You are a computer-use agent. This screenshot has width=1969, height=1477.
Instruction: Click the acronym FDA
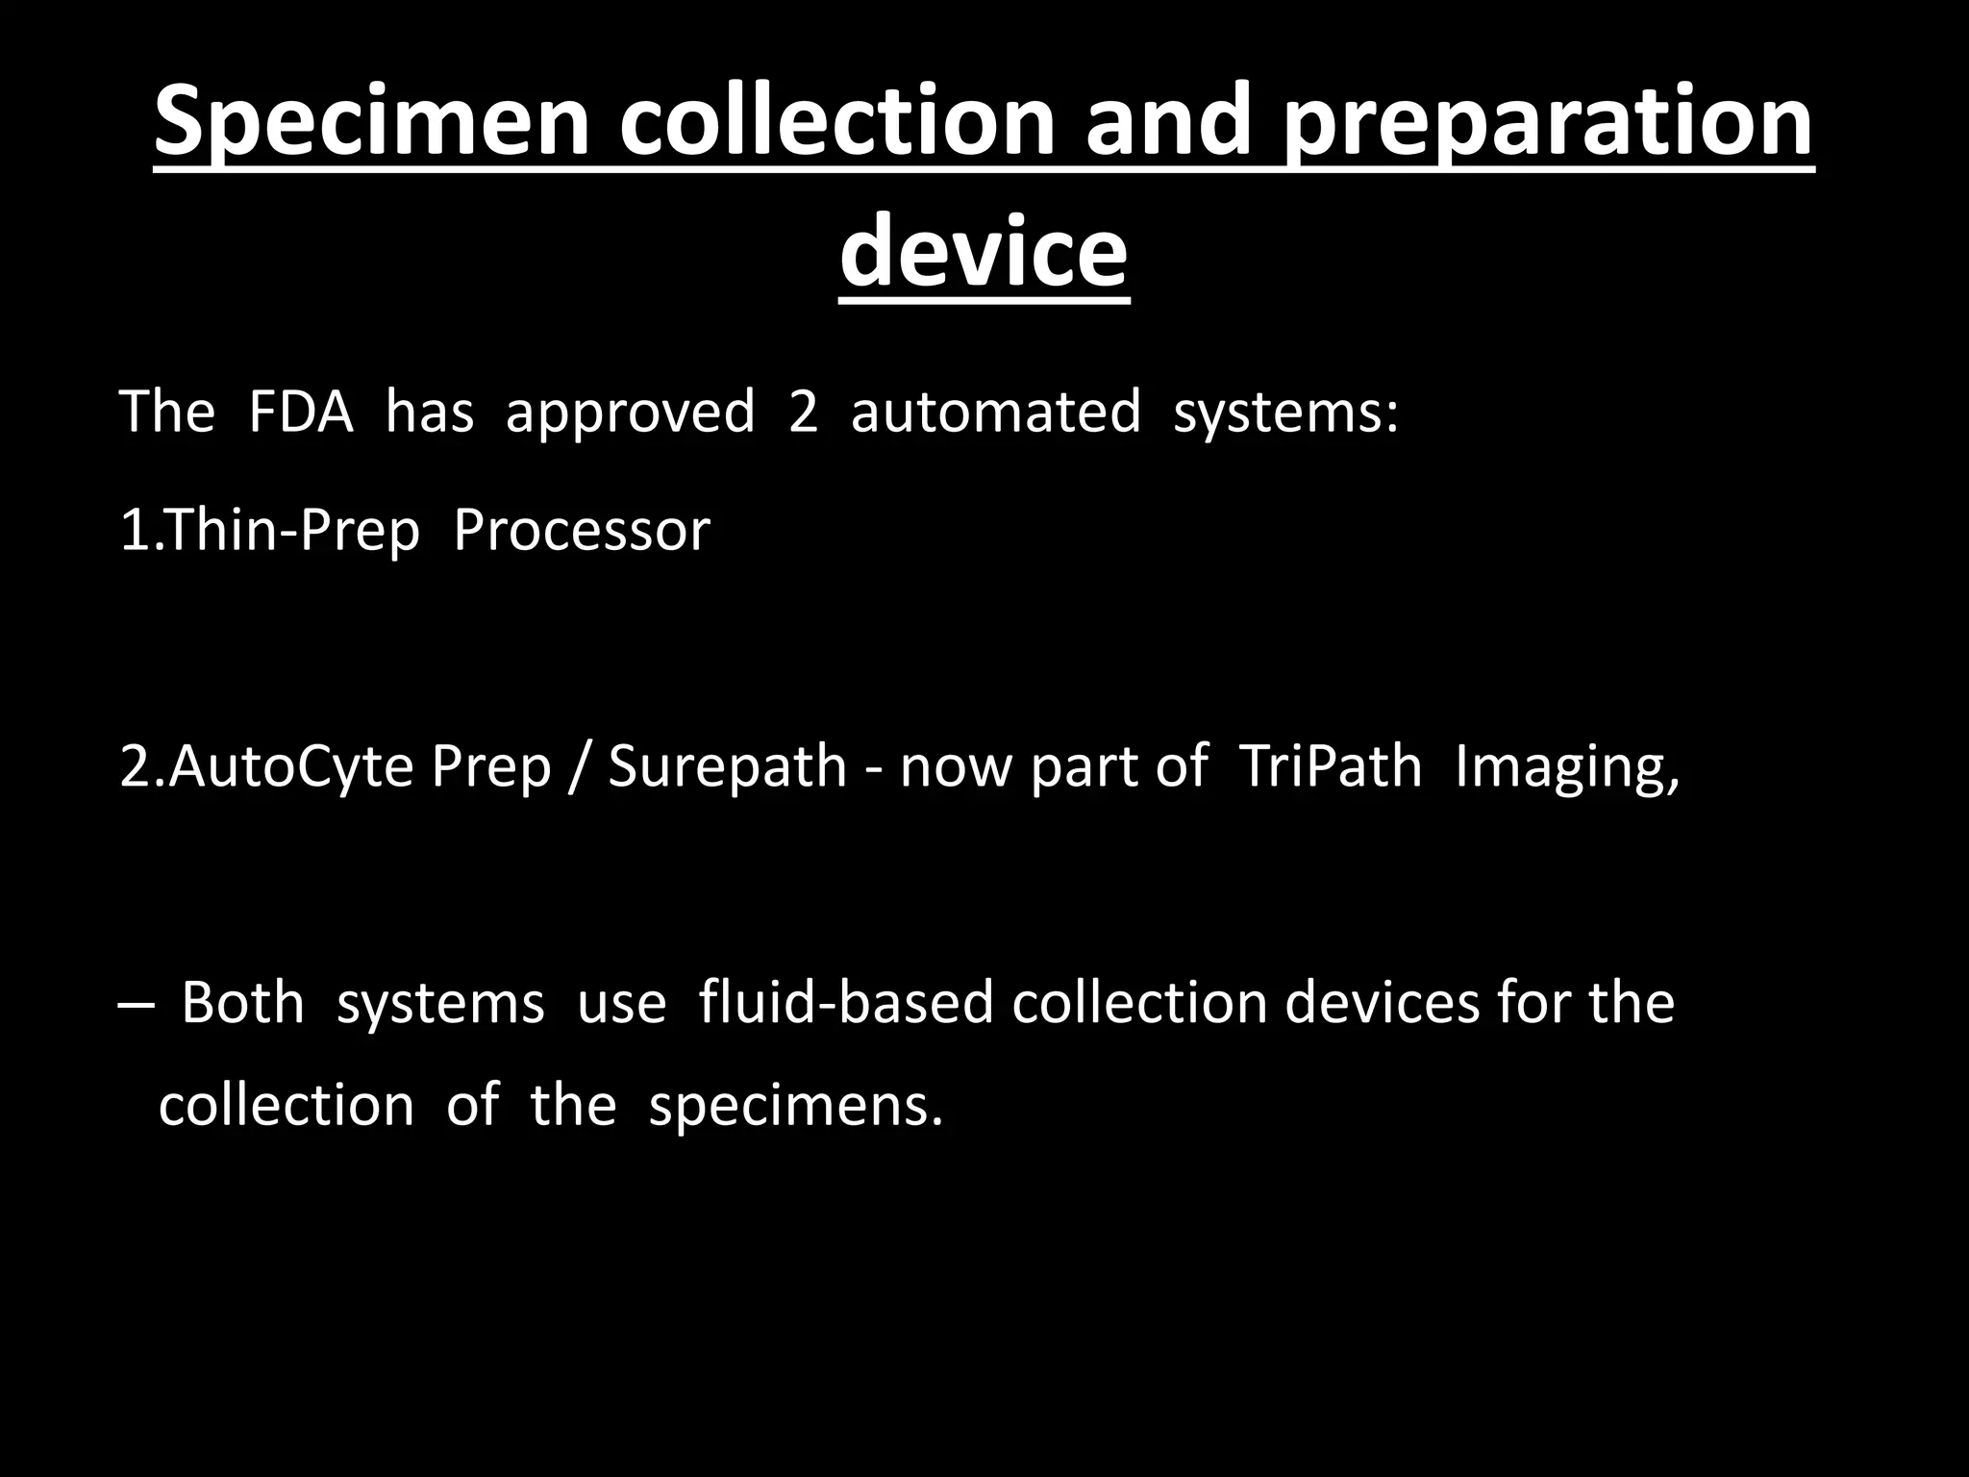coord(300,412)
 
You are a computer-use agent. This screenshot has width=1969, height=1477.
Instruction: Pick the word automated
coord(995,412)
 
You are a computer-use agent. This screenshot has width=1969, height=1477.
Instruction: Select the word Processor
coord(581,531)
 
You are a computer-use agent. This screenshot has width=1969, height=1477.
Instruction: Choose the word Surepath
coord(727,767)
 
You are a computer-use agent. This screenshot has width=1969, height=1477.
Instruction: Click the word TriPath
coord(1330,767)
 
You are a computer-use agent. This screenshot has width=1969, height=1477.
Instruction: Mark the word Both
coord(242,1003)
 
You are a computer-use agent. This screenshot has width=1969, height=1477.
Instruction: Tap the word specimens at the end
coord(794,1106)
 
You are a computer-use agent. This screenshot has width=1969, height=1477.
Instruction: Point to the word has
coord(429,412)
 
